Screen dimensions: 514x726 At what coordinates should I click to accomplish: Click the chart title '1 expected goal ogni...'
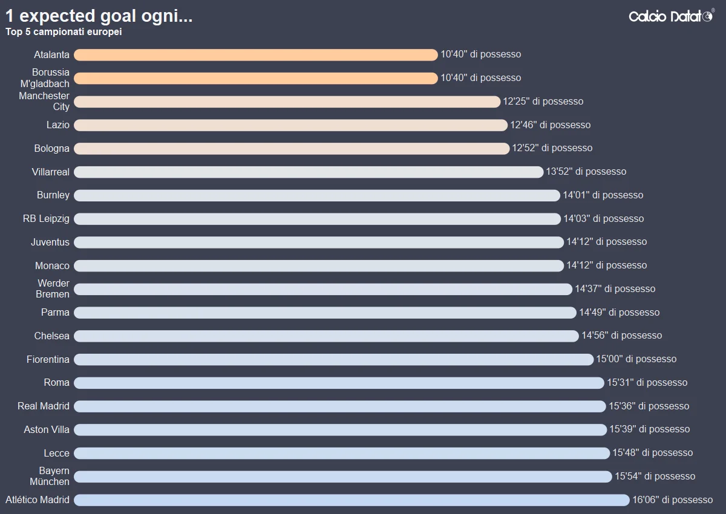click(99, 16)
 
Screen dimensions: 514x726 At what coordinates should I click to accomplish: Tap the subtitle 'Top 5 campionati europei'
click(64, 32)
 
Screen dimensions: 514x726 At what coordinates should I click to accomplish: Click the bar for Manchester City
click(287, 102)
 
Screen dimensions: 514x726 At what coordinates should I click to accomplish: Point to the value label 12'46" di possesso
click(550, 125)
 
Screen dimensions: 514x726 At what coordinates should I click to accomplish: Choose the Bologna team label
click(51, 149)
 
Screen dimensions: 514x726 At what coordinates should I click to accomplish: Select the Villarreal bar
click(309, 172)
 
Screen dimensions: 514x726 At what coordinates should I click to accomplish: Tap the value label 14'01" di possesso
click(603, 195)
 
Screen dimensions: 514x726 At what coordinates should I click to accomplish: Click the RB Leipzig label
click(46, 219)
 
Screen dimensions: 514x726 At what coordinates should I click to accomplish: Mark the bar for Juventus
click(318, 242)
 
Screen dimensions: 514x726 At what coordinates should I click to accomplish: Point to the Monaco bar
click(318, 266)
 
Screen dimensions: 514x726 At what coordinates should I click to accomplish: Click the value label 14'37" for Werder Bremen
click(615, 289)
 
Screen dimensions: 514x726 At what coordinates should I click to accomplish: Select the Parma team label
click(55, 313)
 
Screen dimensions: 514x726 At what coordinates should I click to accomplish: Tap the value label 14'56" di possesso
click(621, 336)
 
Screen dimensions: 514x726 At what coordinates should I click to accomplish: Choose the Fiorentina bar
click(333, 360)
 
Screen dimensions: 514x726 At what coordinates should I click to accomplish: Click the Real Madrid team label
click(44, 406)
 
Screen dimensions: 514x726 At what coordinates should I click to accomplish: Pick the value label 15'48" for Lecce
click(652, 453)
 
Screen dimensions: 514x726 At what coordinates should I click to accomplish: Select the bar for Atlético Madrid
click(352, 500)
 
